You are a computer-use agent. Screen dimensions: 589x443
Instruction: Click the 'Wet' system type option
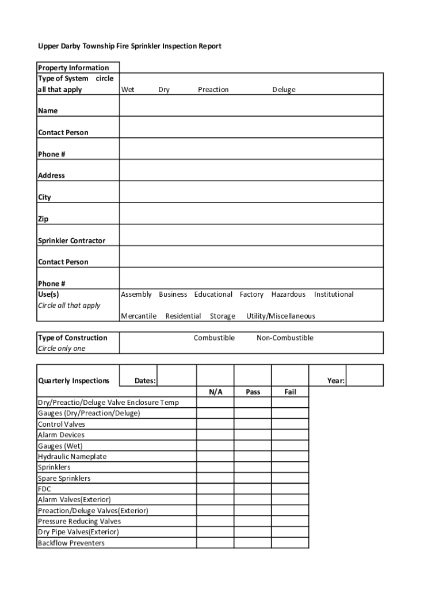128,90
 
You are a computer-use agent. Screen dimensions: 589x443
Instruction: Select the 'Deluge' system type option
284,90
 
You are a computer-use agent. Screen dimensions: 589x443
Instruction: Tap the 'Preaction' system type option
213,90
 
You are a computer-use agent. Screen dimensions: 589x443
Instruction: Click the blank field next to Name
251,106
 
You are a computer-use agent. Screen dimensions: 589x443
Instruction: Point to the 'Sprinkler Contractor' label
71,241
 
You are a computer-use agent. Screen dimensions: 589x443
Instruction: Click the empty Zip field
251,213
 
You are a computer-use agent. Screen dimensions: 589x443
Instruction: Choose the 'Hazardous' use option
288,294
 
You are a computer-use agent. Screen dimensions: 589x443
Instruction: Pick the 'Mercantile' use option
139,316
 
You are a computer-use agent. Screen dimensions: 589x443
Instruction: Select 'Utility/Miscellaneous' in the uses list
281,316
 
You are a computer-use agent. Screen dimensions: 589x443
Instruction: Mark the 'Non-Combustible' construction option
285,338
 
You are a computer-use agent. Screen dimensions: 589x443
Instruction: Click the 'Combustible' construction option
214,338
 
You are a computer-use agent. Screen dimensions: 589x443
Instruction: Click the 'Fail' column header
290,392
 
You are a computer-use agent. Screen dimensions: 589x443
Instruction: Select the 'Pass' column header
253,392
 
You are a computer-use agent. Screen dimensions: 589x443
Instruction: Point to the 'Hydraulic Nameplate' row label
72,457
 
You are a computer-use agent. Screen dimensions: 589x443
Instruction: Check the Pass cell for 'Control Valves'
253,424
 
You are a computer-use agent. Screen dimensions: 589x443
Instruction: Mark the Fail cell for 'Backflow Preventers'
290,543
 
